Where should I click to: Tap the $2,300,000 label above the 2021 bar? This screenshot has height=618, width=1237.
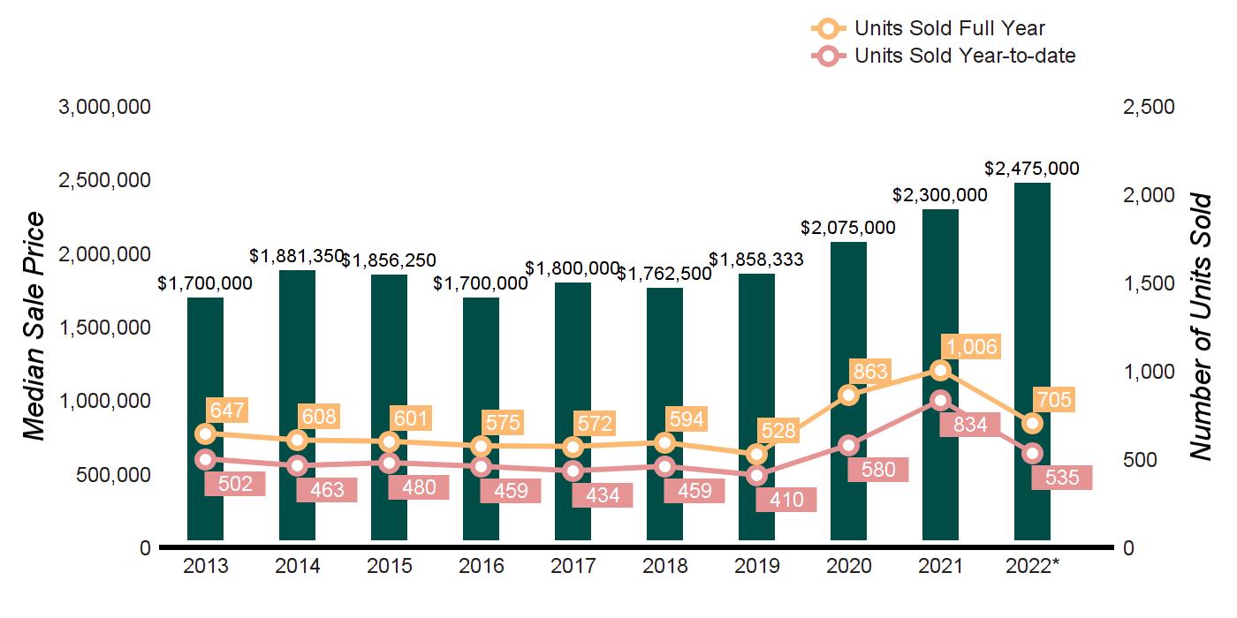(940, 195)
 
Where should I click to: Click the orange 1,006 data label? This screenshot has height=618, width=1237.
(968, 347)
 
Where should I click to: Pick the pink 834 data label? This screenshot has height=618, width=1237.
(968, 425)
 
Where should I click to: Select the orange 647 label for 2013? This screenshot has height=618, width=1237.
(226, 410)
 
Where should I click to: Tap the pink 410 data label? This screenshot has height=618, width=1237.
(786, 501)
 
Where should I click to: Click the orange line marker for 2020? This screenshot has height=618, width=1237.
(848, 395)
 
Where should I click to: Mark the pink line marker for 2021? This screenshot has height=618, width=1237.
(940, 400)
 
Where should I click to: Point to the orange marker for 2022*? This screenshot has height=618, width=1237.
(1032, 424)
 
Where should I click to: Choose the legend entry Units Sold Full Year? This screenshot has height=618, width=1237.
(928, 28)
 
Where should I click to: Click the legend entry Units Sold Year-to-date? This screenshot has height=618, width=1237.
(943, 56)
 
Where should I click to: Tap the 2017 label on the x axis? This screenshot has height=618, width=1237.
(573, 567)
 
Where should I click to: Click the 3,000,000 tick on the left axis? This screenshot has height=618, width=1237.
(104, 107)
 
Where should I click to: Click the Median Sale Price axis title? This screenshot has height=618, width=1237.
(34, 327)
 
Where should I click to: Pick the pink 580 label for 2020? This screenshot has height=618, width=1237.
(878, 470)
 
